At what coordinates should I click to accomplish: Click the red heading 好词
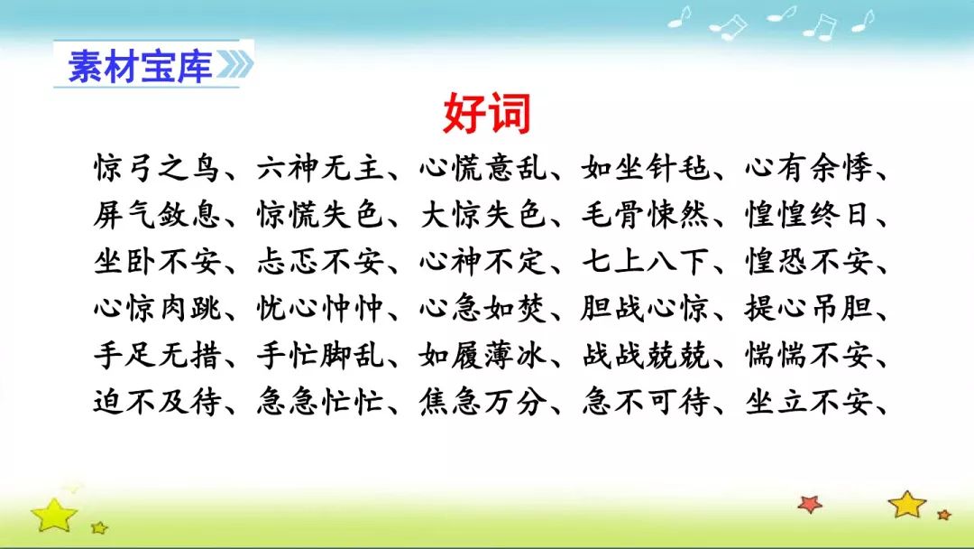coord(487,114)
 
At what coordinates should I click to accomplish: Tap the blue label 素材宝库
coord(140,66)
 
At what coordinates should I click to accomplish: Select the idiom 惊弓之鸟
coord(157,168)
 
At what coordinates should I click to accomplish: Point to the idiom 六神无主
coord(320,168)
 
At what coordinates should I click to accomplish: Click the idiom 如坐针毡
coord(646,168)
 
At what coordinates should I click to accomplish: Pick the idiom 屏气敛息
coord(157,215)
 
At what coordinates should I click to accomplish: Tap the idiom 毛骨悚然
coord(646,215)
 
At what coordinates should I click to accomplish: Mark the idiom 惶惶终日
coord(807,215)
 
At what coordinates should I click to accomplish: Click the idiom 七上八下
coord(646,262)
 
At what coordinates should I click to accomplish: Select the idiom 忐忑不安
coord(320,262)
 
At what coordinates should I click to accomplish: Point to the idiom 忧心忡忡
coord(320,309)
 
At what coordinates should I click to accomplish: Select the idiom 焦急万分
coord(483,402)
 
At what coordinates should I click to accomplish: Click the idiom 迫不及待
coord(157,402)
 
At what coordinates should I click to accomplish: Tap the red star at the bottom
coord(810,504)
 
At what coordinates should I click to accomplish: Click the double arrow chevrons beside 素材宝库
coord(234,65)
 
